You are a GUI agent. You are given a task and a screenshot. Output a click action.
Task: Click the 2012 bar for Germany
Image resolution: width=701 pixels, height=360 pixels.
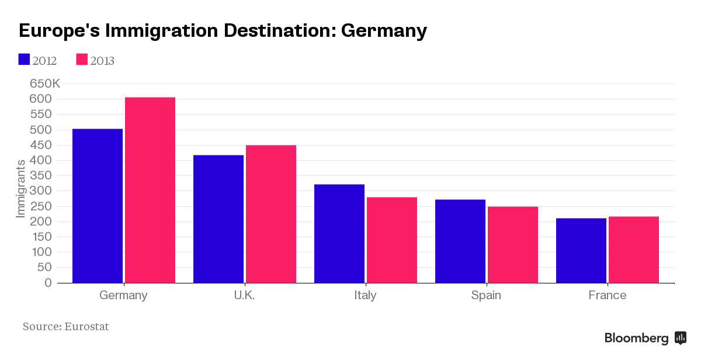pyautogui.click(x=97, y=206)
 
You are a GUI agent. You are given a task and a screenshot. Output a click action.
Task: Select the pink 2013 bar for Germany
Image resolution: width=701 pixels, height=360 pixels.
pyautogui.click(x=150, y=190)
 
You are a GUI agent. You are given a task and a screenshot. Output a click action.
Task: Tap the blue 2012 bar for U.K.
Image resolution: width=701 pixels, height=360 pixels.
pyautogui.click(x=218, y=219)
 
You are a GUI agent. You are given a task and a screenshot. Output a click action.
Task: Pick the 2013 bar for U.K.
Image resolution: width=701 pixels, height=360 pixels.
pyautogui.click(x=271, y=214)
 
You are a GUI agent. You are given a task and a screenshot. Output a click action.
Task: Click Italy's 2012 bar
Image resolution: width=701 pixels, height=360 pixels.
pyautogui.click(x=339, y=234)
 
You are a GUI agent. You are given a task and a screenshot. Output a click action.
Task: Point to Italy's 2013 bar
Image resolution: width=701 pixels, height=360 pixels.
pyautogui.click(x=392, y=240)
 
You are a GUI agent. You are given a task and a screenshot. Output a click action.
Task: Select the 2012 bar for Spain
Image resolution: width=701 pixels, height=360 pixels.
pyautogui.click(x=460, y=241)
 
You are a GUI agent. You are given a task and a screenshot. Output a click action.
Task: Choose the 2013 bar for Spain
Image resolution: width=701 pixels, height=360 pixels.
pyautogui.click(x=513, y=245)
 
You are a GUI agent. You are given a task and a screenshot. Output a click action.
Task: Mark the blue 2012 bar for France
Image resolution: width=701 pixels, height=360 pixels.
pyautogui.click(x=581, y=251)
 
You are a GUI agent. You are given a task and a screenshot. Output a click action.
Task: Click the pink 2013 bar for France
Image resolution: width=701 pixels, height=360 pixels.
pyautogui.click(x=634, y=250)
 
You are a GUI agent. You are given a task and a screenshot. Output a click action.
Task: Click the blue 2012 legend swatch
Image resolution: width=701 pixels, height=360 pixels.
pyautogui.click(x=24, y=60)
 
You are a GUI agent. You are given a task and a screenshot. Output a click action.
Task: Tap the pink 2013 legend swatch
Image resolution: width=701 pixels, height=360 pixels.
pyautogui.click(x=82, y=60)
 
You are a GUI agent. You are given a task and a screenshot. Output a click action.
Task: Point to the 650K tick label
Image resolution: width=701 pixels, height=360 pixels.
pyautogui.click(x=45, y=84)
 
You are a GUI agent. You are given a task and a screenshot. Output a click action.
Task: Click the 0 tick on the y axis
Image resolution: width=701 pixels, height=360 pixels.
pyautogui.click(x=56, y=283)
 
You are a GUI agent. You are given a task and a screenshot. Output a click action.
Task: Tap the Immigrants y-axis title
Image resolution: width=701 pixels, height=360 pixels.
pyautogui.click(x=20, y=188)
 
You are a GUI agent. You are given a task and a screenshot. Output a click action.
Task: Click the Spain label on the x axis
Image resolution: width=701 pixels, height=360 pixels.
pyautogui.click(x=486, y=295)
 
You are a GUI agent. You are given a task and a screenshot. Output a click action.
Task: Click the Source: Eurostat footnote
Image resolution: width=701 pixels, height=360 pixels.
pyautogui.click(x=66, y=327)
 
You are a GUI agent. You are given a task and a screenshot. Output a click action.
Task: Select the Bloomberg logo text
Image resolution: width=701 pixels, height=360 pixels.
pyautogui.click(x=637, y=338)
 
